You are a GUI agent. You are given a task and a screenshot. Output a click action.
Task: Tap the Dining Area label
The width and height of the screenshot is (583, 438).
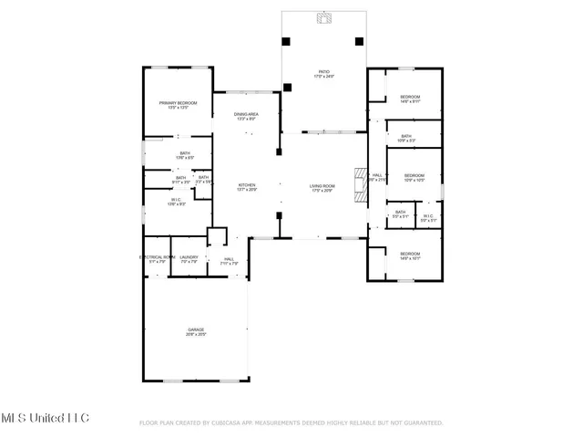[x=247, y=117]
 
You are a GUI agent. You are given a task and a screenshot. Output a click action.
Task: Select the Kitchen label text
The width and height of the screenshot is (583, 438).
[x=247, y=187]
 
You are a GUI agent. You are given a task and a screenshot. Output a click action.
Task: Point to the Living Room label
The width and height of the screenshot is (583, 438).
[x=322, y=187]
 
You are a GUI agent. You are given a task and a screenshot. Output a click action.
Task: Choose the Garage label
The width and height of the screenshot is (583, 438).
[x=196, y=330]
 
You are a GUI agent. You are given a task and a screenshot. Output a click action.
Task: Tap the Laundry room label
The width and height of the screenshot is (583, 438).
[x=189, y=258]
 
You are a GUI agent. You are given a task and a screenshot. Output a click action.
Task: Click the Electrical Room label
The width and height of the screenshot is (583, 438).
[x=157, y=258]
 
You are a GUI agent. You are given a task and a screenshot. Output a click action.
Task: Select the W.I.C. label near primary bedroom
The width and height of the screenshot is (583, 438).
[x=177, y=202]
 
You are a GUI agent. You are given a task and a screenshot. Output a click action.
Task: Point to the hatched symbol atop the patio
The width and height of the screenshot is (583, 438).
[x=322, y=17]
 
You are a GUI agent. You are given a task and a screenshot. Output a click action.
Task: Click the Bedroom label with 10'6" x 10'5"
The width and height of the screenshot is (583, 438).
[x=414, y=177]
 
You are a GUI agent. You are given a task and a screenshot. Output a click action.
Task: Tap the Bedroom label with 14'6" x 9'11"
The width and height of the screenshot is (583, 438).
[x=409, y=99]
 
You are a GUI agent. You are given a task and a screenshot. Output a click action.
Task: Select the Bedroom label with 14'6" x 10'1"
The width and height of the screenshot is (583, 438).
[x=410, y=255]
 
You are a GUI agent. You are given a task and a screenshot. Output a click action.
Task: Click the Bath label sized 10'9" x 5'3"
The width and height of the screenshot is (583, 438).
[x=406, y=138]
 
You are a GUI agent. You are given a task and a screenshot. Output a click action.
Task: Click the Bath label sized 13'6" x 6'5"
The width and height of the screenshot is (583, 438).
[x=185, y=155]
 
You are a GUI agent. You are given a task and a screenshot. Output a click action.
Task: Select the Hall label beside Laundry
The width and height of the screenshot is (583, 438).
[x=230, y=261]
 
